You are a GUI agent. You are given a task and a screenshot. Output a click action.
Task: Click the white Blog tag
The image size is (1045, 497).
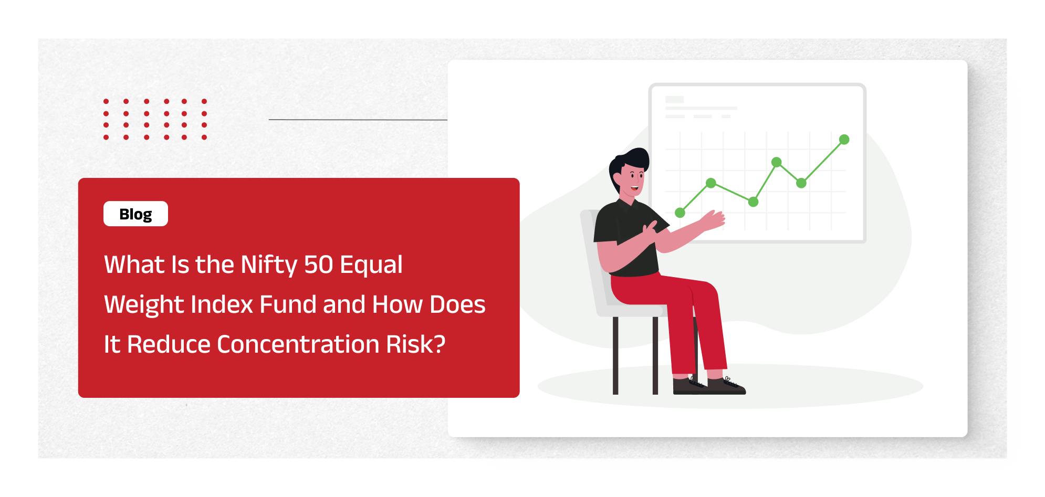(135, 214)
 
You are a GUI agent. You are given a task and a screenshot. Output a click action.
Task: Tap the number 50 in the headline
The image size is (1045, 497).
(318, 265)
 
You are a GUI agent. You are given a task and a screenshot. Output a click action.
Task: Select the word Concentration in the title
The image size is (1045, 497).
(298, 344)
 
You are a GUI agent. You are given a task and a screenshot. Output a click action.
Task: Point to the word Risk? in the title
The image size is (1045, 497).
(416, 344)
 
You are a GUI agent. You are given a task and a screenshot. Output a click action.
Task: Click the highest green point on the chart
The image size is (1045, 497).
(844, 140)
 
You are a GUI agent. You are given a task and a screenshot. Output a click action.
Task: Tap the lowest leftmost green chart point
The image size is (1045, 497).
(680, 213)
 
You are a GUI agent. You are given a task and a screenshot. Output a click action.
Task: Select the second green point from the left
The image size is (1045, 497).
(711, 183)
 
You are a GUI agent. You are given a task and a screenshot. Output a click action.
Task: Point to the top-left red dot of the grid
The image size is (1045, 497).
(106, 101)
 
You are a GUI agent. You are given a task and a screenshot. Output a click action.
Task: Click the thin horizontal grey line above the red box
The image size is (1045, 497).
(358, 120)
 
